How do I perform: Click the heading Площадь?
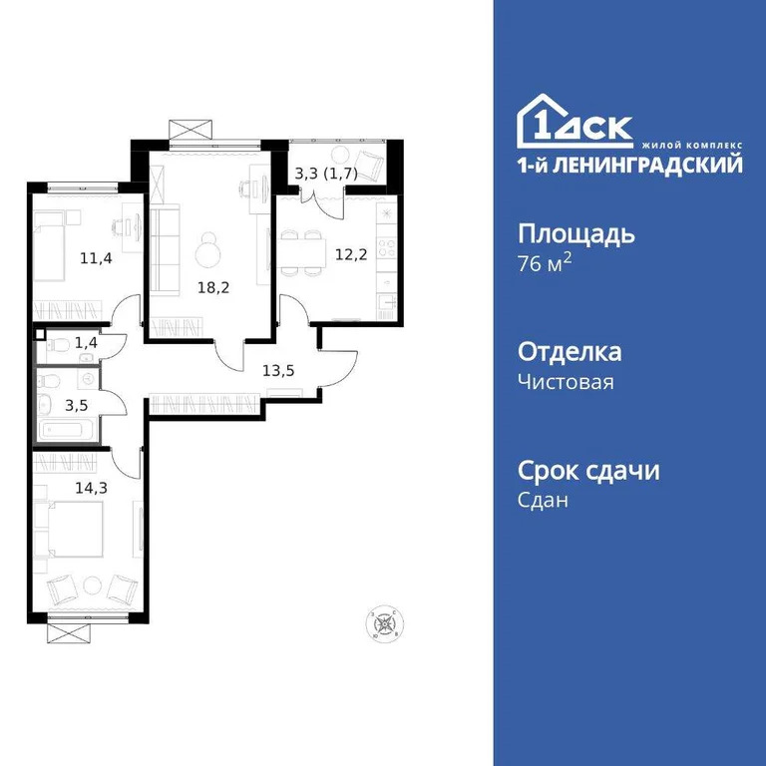click(576, 235)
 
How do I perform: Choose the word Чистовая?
click(566, 382)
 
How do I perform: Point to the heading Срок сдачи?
click(588, 471)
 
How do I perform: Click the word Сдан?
click(544, 501)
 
